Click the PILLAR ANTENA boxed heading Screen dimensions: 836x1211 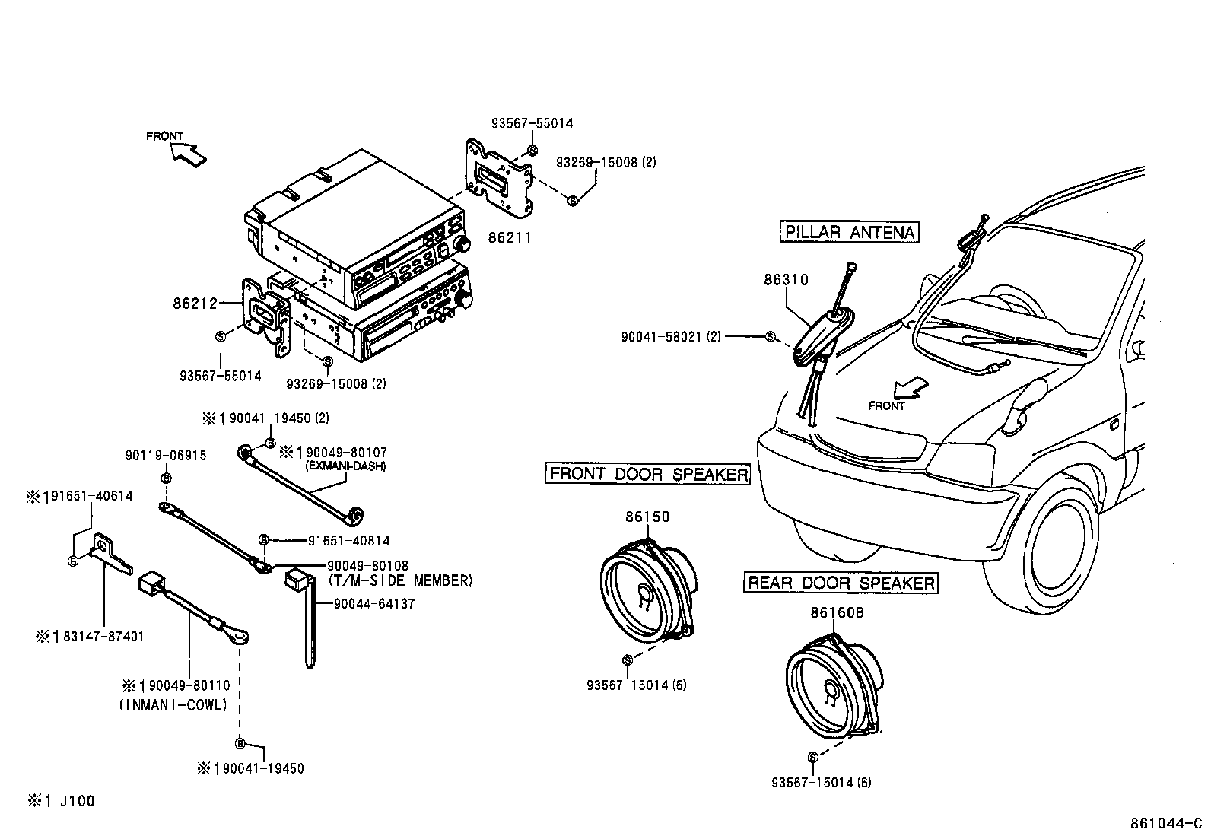pyautogui.click(x=849, y=232)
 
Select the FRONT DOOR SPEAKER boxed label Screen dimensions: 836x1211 pyautogui.click(x=649, y=474)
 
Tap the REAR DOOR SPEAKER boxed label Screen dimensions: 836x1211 pyautogui.click(x=841, y=583)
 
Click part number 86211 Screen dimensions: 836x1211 pyautogui.click(x=509, y=238)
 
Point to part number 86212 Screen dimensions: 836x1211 pyautogui.click(x=195, y=303)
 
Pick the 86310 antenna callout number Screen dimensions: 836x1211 pyautogui.click(x=786, y=280)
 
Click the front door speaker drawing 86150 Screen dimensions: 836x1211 pyautogui.click(x=647, y=586)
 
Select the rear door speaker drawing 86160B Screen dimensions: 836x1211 pyautogui.click(x=833, y=685)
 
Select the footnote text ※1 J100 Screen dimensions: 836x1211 pyautogui.click(x=62, y=801)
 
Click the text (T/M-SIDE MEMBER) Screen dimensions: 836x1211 pyautogui.click(x=401, y=581)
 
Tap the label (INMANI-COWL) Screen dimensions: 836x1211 pyautogui.click(x=173, y=705)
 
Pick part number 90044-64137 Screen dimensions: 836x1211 pyautogui.click(x=374, y=604)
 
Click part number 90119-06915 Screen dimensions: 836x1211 pyautogui.click(x=165, y=456)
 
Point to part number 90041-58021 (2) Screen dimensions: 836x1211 pyautogui.click(x=670, y=336)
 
